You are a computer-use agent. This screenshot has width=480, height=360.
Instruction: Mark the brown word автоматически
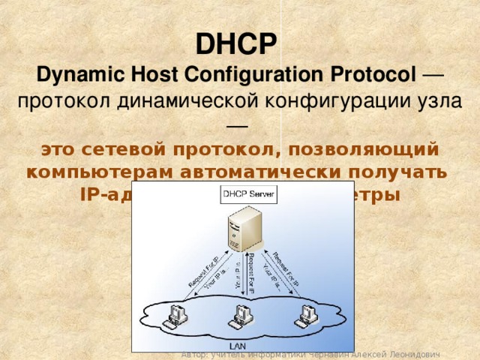point(272,172)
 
